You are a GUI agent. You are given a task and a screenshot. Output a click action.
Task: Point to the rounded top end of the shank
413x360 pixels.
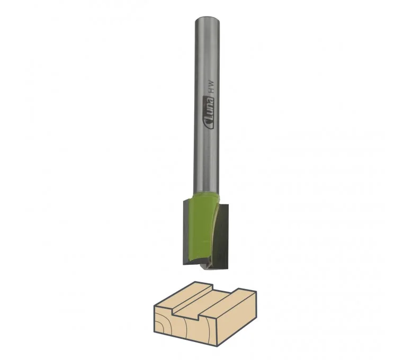208,19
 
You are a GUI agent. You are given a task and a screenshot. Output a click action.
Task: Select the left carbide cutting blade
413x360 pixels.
186,232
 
